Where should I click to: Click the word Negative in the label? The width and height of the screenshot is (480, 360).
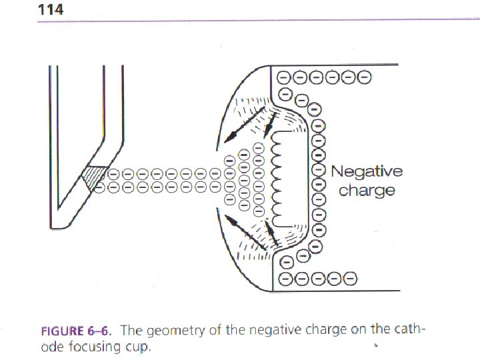pyautogui.click(x=367, y=171)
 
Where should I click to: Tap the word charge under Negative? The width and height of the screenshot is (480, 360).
pyautogui.click(x=367, y=191)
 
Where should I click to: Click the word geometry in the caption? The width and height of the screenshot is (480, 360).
pyautogui.click(x=174, y=331)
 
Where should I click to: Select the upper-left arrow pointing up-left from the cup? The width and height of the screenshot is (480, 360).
pyautogui.click(x=239, y=123)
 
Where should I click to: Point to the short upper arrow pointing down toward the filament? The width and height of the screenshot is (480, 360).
pyautogui.click(x=271, y=122)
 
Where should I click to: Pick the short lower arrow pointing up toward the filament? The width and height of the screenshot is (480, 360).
pyautogui.click(x=271, y=233)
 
